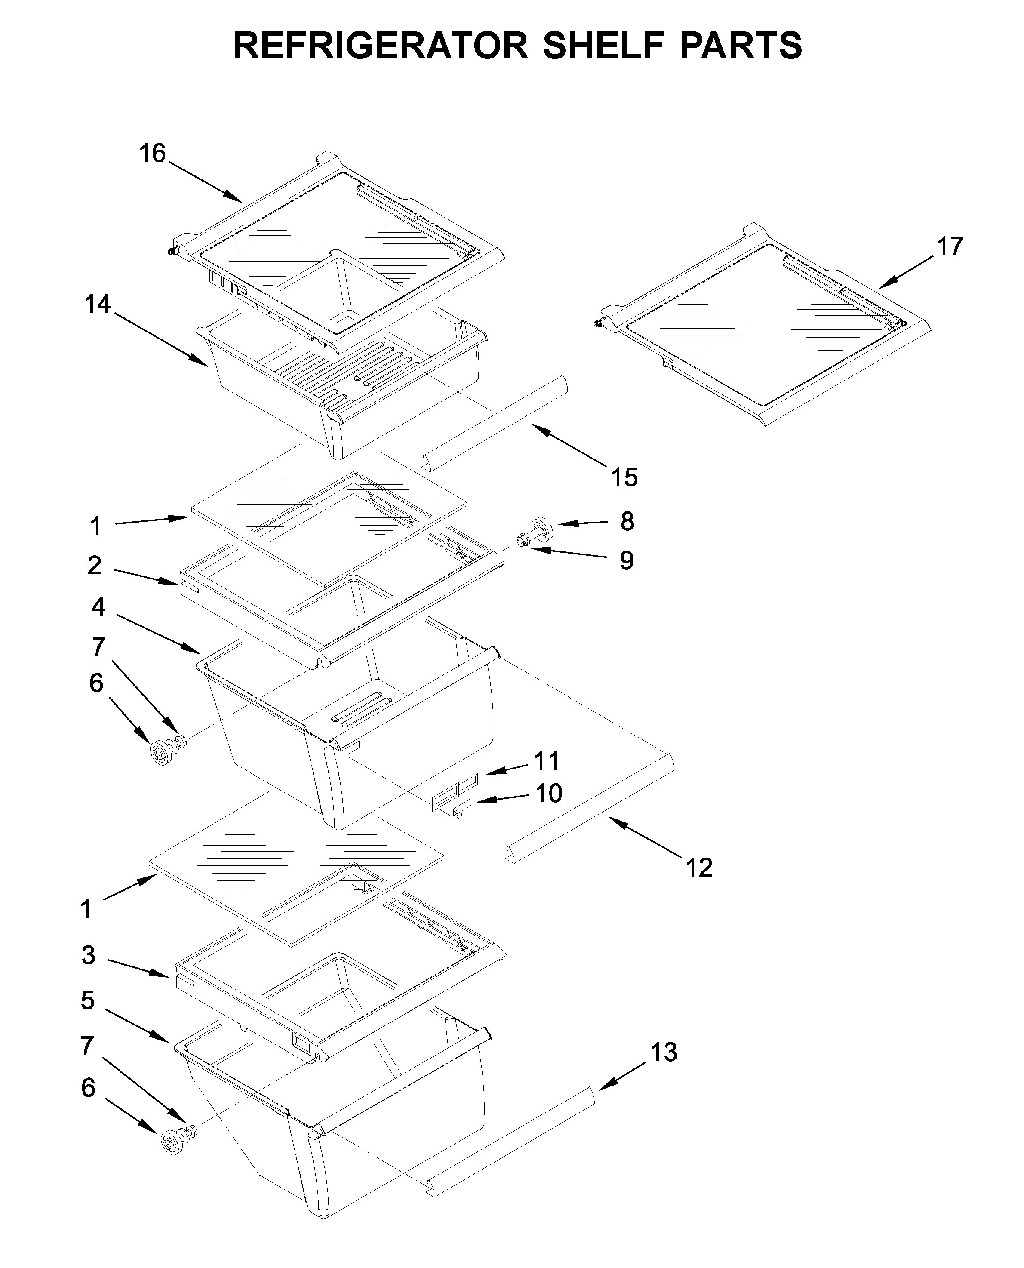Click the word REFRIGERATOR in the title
click(x=381, y=46)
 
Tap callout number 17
click(x=950, y=246)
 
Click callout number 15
click(x=624, y=477)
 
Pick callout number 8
click(x=627, y=521)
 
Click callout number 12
click(x=699, y=868)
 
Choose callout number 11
click(x=546, y=761)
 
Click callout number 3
click(x=89, y=955)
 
